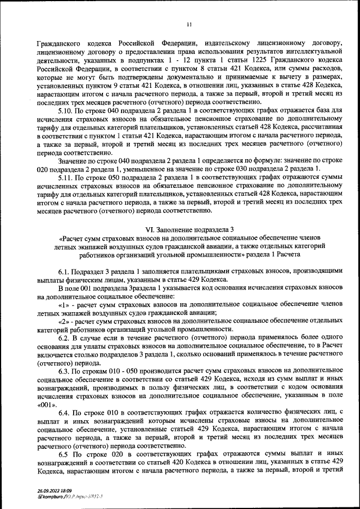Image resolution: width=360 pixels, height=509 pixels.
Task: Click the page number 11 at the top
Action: (x=189, y=24)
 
